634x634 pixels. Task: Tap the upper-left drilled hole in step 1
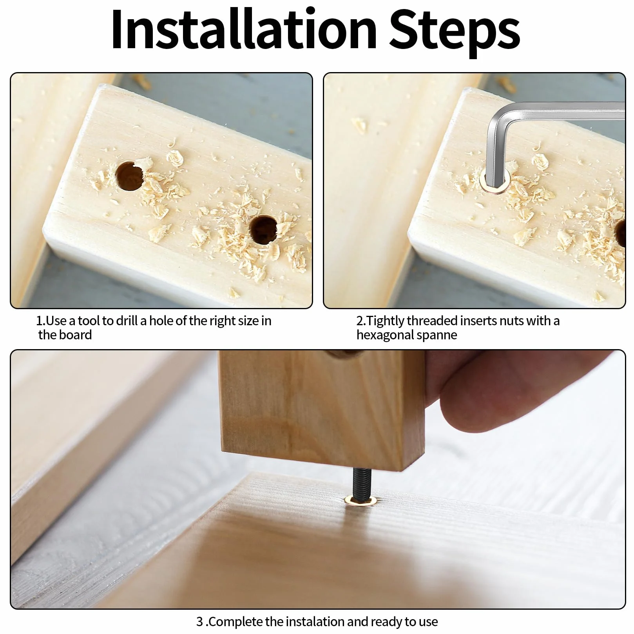point(129,176)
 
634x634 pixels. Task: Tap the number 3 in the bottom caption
point(200,622)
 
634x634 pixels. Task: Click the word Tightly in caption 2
point(386,321)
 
